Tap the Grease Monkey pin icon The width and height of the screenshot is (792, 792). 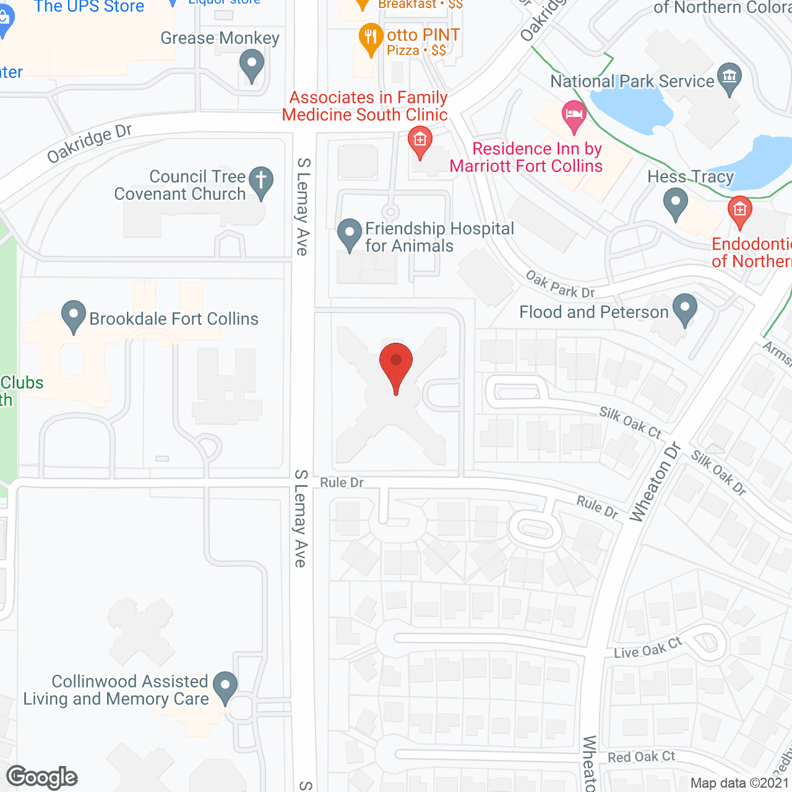pos(252,64)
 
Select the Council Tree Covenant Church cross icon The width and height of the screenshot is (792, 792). pos(261,181)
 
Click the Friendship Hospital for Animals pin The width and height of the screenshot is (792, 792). pos(350,234)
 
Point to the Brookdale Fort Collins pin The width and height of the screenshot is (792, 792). pos(74,316)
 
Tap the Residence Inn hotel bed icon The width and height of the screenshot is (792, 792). pos(574,115)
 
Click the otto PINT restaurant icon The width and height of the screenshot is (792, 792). pos(371,38)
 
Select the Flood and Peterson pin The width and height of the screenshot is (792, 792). pos(685,309)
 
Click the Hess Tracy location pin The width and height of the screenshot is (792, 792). pos(676,202)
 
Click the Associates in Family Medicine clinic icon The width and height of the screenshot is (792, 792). pos(420,141)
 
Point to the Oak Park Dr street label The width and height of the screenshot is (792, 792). pos(560,285)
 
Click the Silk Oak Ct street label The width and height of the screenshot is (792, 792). pos(631,422)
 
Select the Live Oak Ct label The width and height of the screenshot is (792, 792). pos(648,648)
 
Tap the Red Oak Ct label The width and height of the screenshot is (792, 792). pos(642,757)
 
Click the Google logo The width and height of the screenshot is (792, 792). pos(42,778)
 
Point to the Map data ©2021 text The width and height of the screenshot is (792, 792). pos(740,783)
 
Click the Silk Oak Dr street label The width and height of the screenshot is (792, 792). pos(719,473)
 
